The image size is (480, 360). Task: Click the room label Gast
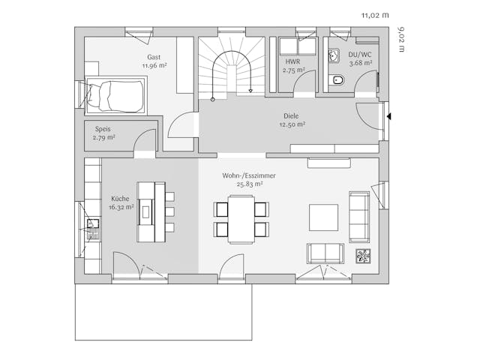pos(154,57)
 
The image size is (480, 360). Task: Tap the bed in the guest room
pos(115,95)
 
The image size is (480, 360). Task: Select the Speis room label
pos(103,128)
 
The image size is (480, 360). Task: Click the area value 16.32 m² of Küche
pos(121,208)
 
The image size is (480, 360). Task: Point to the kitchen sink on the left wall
pos(94,224)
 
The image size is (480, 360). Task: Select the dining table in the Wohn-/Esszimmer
pos(241,218)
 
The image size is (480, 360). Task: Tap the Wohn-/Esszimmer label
pos(248,175)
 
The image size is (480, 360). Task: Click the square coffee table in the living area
pos(324,217)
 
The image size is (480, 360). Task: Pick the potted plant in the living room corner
pos(363,256)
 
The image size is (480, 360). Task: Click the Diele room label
pos(291,116)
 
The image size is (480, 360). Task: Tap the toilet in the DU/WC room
pos(336,80)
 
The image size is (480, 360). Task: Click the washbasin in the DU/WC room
pos(332,55)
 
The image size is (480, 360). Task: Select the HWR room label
pos(292,61)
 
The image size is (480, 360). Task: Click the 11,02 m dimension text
pos(376,14)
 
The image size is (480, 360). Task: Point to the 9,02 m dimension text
pos(401,40)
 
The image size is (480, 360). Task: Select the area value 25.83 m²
pos(249,184)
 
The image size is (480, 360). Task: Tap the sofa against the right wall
pos(359,216)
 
